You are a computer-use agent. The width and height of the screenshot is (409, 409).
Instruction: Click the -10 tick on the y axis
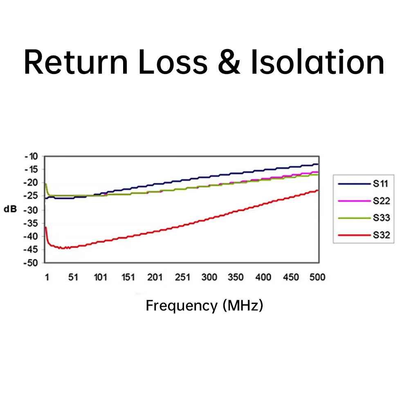click(x=31, y=156)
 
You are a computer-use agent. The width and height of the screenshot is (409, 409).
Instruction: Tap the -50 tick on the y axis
click(x=31, y=263)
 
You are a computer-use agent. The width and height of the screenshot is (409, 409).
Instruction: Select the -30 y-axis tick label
click(x=31, y=210)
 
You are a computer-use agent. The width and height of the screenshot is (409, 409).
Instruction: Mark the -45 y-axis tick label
click(x=31, y=249)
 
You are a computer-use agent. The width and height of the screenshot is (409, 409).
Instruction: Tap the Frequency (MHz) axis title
click(x=204, y=306)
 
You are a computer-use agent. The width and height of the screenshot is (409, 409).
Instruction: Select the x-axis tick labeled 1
click(x=47, y=278)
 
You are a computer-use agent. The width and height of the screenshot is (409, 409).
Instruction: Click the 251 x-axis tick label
click(x=182, y=278)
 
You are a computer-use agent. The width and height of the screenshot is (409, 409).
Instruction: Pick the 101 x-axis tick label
click(x=101, y=278)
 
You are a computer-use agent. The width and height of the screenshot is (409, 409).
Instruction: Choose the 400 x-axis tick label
click(x=263, y=278)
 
